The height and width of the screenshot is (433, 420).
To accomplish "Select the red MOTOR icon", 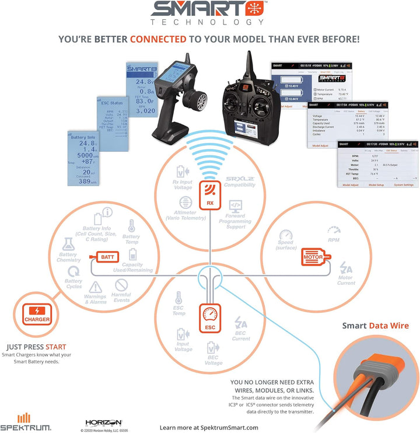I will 316,257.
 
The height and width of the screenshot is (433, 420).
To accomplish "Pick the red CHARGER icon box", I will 37,314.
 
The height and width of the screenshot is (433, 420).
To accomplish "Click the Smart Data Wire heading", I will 375,326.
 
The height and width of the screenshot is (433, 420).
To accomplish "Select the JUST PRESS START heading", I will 36,345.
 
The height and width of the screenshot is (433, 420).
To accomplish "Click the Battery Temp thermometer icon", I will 131,226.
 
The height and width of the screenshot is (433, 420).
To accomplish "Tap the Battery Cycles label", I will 73,284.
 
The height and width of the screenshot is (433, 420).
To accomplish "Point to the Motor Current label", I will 346,280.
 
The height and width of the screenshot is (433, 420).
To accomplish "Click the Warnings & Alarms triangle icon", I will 95,287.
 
